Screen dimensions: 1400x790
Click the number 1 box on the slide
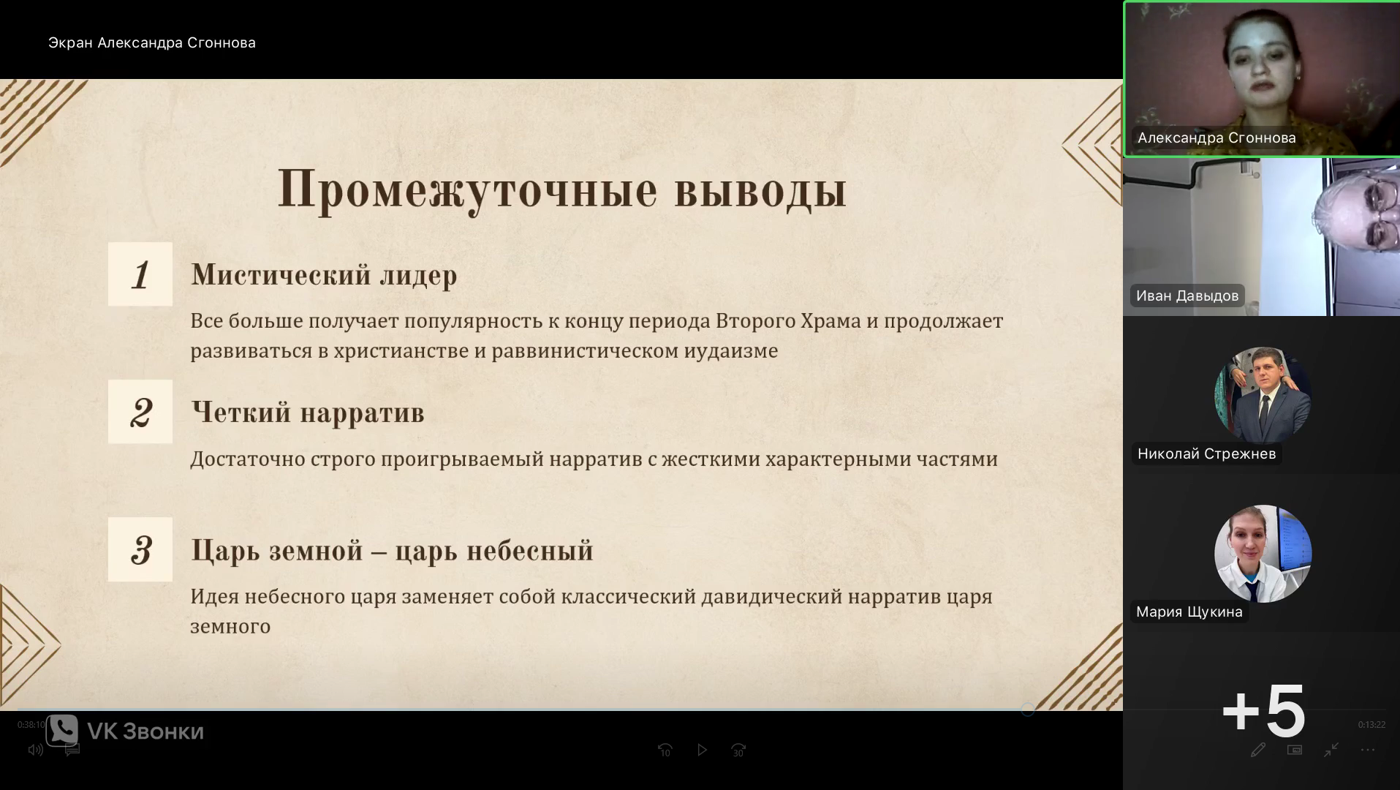click(x=140, y=274)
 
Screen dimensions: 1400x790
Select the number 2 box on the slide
click(x=140, y=412)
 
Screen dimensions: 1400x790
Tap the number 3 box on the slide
click(x=140, y=549)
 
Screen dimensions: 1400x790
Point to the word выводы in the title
click(x=760, y=190)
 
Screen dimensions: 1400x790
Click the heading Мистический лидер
click(x=324, y=275)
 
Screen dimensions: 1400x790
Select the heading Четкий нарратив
click(x=308, y=413)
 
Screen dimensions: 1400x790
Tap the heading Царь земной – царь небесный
click(x=392, y=550)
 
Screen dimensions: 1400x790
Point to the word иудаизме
click(x=731, y=351)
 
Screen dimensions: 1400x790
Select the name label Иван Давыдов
click(x=1187, y=296)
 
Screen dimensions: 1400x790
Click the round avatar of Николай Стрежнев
click(x=1263, y=396)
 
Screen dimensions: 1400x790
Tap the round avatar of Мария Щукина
click(x=1263, y=554)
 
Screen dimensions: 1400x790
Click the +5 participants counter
click(x=1263, y=711)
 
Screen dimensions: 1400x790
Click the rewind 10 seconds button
click(x=665, y=750)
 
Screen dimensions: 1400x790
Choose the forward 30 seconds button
click(x=738, y=750)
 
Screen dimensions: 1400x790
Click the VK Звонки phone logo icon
click(x=62, y=730)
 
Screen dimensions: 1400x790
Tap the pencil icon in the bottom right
click(x=1257, y=750)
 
